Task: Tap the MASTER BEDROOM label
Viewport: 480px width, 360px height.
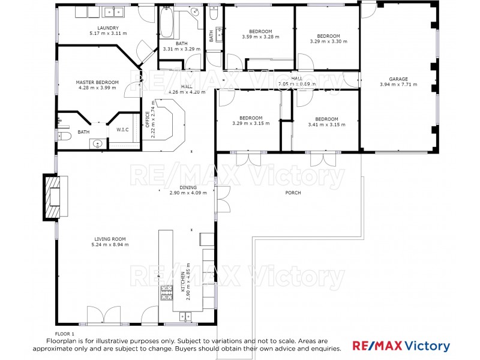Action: [x=97, y=82]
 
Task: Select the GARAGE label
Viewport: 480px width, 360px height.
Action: [x=398, y=79]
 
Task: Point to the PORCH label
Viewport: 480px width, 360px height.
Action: [x=293, y=193]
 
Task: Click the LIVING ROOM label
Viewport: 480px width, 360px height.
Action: [x=110, y=239]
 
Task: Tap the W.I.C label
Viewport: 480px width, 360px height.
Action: [x=122, y=130]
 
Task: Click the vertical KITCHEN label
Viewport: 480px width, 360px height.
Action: [x=183, y=282]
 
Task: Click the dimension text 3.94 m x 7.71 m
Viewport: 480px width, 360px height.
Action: [x=398, y=85]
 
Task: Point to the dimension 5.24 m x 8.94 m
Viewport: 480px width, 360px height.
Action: [x=110, y=244]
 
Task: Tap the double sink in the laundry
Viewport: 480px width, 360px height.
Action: [x=112, y=11]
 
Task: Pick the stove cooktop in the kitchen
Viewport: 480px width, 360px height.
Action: [x=165, y=293]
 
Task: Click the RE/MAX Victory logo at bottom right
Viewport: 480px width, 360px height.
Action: [x=400, y=346]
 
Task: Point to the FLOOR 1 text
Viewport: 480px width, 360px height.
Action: [x=65, y=333]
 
